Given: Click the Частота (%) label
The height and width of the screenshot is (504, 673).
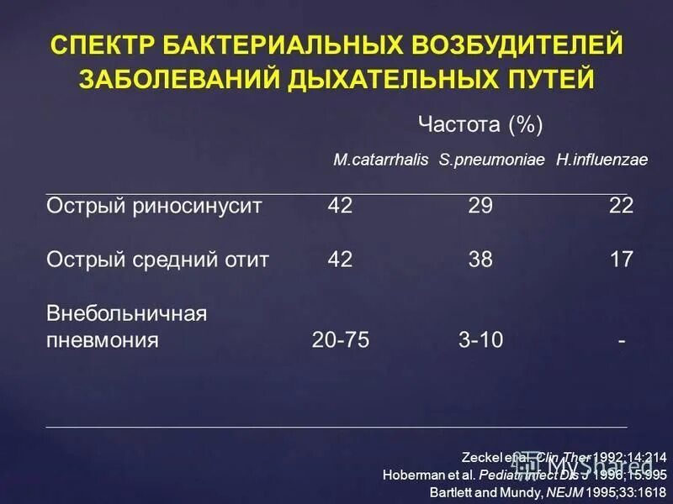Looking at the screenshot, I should click(480, 126).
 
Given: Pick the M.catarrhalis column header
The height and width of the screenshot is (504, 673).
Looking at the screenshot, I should click(381, 160).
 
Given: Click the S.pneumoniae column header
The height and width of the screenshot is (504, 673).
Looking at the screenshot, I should click(492, 160).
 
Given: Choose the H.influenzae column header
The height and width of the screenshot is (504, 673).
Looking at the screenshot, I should click(601, 160).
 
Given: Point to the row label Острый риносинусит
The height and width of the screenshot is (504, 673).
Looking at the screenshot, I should click(154, 206).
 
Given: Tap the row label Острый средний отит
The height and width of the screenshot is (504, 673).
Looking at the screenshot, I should click(158, 260).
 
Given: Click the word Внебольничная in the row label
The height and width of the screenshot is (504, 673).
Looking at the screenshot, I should click(126, 313).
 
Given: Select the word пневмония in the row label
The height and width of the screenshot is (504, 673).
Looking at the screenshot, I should click(103, 340).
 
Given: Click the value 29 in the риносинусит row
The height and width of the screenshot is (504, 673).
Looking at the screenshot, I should click(480, 206).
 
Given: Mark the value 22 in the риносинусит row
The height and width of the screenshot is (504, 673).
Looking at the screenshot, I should click(621, 206).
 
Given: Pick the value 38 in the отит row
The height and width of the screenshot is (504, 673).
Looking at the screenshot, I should click(480, 260).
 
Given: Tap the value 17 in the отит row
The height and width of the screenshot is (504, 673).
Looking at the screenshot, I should click(621, 260).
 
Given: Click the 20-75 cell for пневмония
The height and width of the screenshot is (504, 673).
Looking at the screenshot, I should click(340, 340).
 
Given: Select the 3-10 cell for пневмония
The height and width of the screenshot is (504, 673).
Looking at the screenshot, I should click(480, 340).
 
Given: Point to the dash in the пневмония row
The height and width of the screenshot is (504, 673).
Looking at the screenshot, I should click(621, 340).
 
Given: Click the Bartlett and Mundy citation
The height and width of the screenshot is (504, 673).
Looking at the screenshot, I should click(548, 491).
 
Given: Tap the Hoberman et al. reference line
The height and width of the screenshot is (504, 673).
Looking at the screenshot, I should click(524, 474).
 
